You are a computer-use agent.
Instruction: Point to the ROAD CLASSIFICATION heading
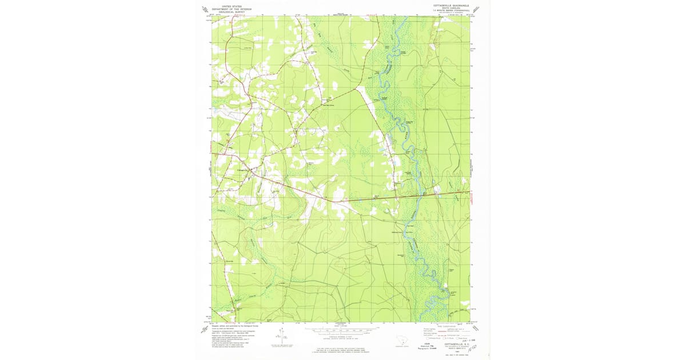[x=449, y=326]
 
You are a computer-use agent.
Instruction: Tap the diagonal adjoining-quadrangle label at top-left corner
[x=205, y=9]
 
